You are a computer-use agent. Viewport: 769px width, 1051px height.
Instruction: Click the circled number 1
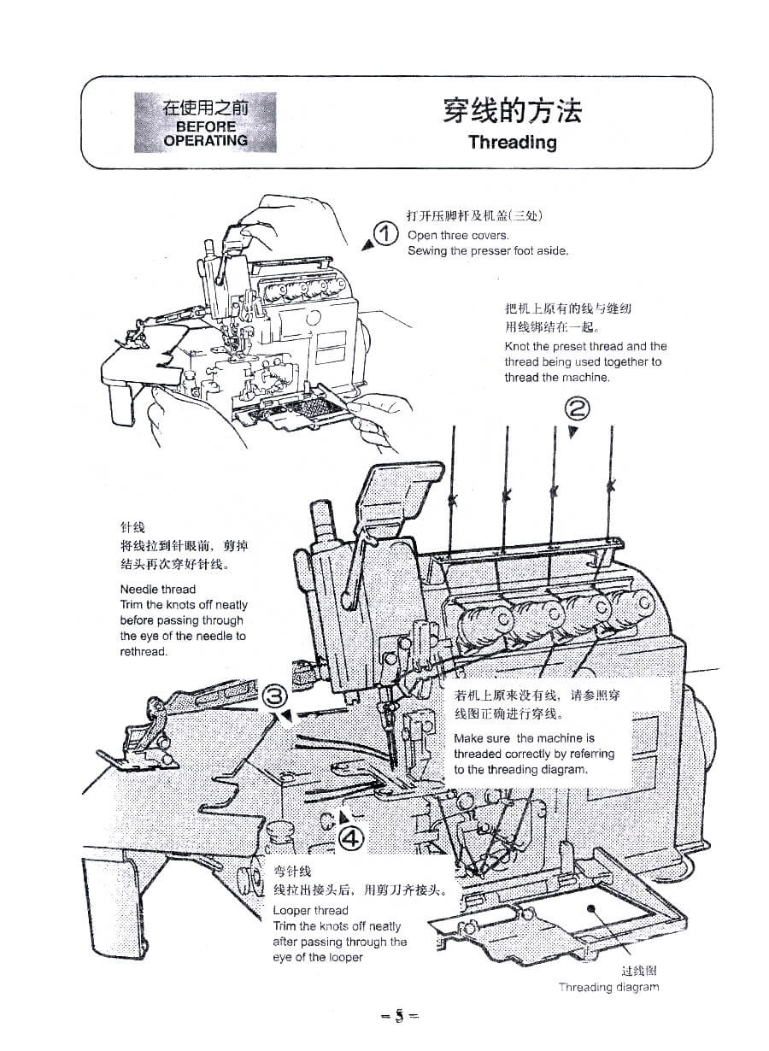coord(386,233)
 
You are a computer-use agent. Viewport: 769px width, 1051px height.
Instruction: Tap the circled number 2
coord(578,410)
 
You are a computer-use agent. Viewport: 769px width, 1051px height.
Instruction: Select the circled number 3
coord(273,696)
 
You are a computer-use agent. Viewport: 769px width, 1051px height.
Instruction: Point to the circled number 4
coord(351,838)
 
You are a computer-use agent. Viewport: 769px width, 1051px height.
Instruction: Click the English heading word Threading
coord(512,142)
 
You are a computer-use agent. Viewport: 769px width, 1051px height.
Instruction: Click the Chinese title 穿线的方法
coord(512,110)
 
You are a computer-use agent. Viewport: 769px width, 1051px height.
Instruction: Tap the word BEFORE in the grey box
coord(205,126)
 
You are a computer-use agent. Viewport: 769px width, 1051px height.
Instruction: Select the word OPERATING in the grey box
coord(205,140)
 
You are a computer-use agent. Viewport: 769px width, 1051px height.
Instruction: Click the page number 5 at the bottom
coord(399,1017)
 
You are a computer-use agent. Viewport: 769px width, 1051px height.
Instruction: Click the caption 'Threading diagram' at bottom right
coord(608,987)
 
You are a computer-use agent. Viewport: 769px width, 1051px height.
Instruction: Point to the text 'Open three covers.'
coord(458,235)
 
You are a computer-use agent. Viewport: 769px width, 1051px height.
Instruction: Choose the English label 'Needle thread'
coord(158,589)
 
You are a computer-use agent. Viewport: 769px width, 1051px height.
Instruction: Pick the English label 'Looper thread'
coord(311,910)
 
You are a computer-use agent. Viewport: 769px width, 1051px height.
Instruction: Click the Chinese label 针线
coord(132,528)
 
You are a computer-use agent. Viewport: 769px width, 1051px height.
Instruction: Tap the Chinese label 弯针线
coord(286,872)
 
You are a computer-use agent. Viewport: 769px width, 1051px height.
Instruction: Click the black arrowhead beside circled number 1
coord(367,245)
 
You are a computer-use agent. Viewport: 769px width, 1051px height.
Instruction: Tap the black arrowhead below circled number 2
coord(573,432)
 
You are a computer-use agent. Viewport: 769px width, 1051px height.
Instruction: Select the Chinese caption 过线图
coord(639,971)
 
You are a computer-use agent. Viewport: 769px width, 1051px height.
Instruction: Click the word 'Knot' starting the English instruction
coord(517,346)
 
